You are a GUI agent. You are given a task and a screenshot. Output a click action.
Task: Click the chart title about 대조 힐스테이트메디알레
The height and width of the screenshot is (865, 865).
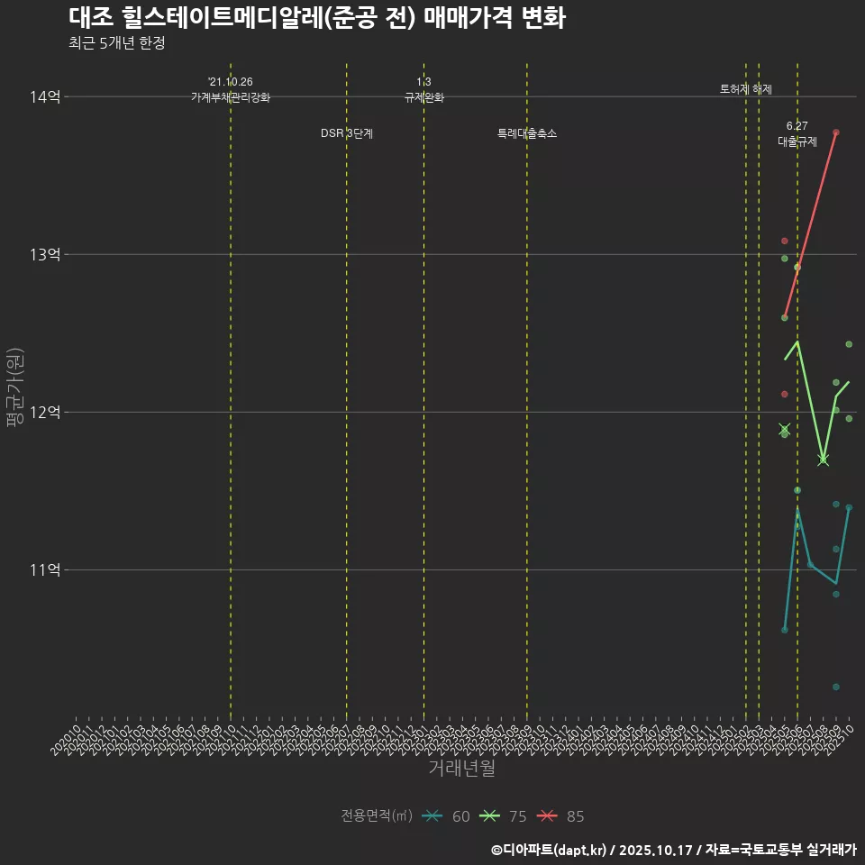click(x=316, y=18)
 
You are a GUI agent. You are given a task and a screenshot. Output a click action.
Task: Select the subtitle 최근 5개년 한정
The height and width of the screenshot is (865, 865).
click(x=116, y=43)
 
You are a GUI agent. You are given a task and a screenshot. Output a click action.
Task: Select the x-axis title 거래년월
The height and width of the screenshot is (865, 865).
click(x=461, y=769)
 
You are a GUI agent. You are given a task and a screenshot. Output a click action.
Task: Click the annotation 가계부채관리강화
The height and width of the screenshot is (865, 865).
click(x=231, y=97)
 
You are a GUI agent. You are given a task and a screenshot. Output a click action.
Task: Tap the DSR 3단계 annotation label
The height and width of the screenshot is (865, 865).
click(x=347, y=133)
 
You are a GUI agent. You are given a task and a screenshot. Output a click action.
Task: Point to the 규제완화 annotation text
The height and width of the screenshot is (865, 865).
click(x=424, y=97)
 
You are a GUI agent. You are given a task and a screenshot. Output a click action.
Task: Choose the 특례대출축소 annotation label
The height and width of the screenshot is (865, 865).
click(x=527, y=133)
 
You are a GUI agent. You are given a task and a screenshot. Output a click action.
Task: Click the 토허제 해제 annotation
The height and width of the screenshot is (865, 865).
click(x=746, y=89)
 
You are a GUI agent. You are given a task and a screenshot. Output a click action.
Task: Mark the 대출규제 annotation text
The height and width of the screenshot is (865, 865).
click(x=797, y=141)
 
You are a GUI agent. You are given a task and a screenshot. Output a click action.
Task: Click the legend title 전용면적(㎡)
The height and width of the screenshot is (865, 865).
click(x=377, y=816)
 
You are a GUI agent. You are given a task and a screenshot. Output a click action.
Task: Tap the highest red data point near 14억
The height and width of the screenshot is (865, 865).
click(x=836, y=132)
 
